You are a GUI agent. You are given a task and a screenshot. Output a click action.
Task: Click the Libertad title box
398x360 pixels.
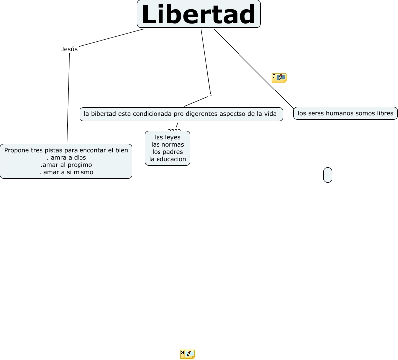coord(199,14)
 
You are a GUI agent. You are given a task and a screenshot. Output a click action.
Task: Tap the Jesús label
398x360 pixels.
coord(69,49)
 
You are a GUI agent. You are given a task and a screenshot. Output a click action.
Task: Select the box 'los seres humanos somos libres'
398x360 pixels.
coord(345,113)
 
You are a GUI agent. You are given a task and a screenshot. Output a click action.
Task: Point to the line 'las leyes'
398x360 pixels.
coord(167,137)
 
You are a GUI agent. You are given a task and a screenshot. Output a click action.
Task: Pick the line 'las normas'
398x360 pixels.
coord(167,144)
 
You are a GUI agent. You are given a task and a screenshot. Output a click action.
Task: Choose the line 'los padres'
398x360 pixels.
coord(167,152)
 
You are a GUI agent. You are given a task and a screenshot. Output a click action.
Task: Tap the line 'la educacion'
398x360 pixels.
coord(167,159)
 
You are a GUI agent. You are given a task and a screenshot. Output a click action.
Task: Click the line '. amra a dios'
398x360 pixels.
coord(66,157)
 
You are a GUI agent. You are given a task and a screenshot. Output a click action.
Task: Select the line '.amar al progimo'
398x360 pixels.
coord(66,165)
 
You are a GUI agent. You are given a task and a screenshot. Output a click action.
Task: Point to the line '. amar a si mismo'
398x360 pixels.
coord(66,172)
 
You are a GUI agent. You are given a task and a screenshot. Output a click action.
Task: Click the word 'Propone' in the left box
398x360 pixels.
coord(17,150)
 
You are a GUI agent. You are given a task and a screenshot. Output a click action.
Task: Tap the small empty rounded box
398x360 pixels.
coord(328,175)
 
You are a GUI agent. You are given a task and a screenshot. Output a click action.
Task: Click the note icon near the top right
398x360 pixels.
coord(279,77)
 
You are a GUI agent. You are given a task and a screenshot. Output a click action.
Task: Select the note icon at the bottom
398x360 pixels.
coord(187,354)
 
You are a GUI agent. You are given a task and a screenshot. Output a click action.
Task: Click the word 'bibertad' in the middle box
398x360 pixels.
coord(103,114)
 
